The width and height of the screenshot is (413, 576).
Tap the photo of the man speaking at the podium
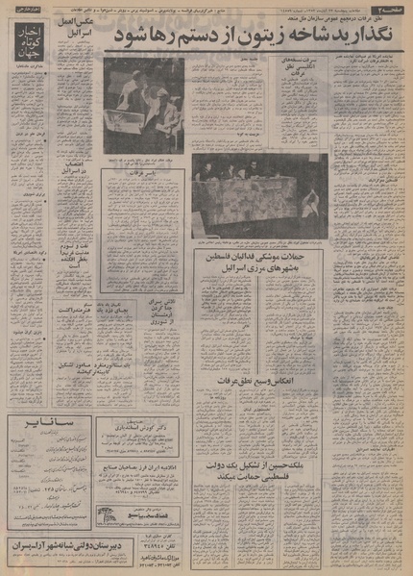click(142, 104)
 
